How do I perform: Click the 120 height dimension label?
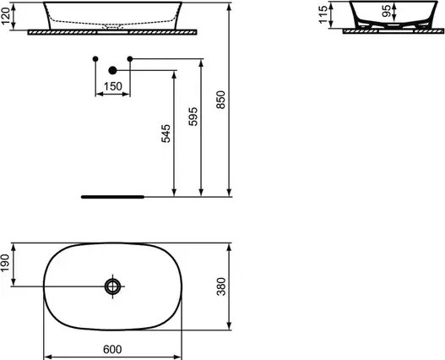(x=6, y=16)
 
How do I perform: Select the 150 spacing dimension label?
(x=112, y=86)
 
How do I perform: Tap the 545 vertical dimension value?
(x=166, y=134)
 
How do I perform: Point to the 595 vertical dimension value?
(x=193, y=117)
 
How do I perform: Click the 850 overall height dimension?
(x=220, y=100)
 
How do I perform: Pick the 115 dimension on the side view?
(x=323, y=14)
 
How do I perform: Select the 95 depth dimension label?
(x=386, y=11)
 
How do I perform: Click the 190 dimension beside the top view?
(x=5, y=263)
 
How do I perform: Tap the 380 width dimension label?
(x=221, y=286)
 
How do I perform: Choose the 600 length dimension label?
(x=112, y=350)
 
